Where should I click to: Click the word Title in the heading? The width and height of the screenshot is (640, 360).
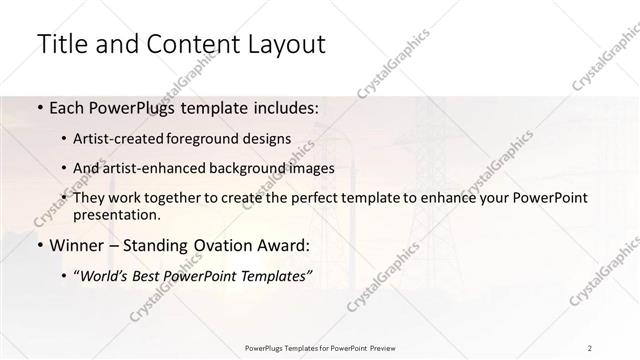point(60,44)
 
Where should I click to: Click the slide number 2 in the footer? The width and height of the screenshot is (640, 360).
point(590,347)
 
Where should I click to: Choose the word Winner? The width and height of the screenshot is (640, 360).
point(74,245)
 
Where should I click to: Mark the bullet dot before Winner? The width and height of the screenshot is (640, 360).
point(39,245)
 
